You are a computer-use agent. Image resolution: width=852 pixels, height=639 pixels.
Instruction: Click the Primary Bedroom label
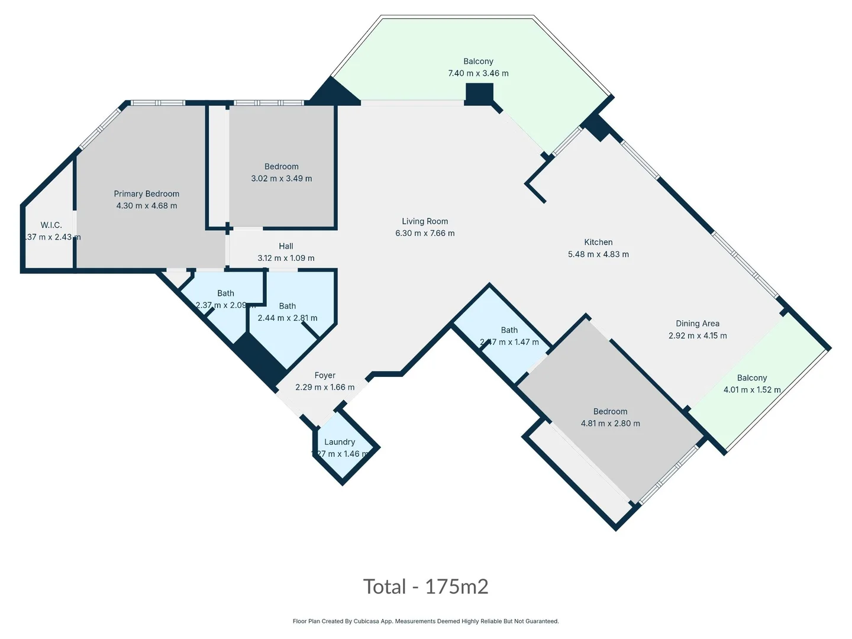click(146, 194)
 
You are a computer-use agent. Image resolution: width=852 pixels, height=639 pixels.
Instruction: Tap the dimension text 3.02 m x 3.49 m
click(282, 179)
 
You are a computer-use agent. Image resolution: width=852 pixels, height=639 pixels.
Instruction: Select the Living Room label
click(425, 221)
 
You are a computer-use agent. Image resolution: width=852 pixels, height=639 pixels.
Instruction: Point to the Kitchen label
click(598, 242)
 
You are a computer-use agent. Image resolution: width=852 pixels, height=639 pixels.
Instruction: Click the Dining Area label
click(698, 324)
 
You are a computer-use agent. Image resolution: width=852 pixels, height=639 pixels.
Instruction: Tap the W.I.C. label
click(51, 225)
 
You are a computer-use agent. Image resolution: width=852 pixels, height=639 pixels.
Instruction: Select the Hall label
click(286, 246)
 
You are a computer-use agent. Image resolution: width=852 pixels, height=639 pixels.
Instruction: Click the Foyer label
click(325, 375)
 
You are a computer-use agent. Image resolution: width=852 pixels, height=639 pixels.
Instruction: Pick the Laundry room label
click(340, 442)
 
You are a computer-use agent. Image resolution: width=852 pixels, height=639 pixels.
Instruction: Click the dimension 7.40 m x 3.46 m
click(478, 73)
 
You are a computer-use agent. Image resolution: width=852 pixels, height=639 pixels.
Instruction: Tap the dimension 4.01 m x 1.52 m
click(752, 390)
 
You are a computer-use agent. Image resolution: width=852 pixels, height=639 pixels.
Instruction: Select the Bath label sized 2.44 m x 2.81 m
click(288, 306)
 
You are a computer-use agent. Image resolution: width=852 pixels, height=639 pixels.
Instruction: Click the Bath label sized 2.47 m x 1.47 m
click(509, 330)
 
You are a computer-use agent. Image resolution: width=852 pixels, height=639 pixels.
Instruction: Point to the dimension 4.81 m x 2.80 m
click(610, 424)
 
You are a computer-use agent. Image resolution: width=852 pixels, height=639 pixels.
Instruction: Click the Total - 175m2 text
click(425, 586)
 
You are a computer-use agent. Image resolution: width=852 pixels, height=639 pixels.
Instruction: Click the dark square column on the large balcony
click(479, 93)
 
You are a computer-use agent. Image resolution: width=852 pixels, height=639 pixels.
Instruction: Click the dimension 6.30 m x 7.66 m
click(425, 234)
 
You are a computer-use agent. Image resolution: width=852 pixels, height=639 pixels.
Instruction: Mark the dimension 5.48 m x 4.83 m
click(598, 254)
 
